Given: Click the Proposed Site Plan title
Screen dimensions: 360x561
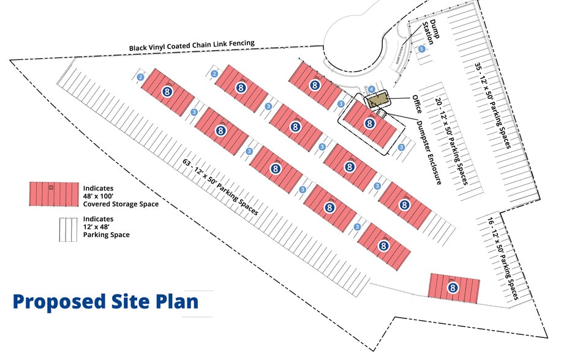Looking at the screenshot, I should click(x=105, y=301).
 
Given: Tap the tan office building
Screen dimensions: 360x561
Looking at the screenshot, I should click(x=377, y=99).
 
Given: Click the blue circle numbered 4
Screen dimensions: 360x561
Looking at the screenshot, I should click(x=371, y=89).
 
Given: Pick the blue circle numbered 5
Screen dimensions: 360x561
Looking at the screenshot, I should click(x=421, y=48).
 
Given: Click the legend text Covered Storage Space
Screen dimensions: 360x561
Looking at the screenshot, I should click(x=120, y=204).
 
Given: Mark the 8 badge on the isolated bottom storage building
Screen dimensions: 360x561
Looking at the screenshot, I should click(x=453, y=287).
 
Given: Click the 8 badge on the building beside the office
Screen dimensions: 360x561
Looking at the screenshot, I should click(x=369, y=124).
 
